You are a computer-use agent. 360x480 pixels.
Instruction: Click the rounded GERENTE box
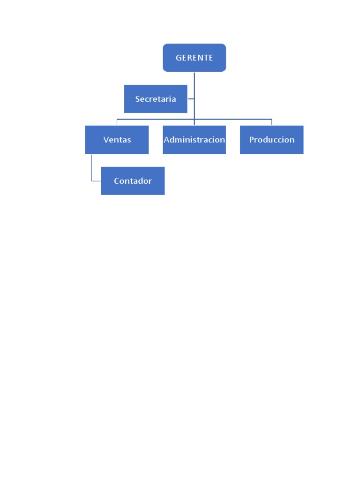pos(194,58)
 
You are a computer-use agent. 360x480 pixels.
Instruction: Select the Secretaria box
pos(156,99)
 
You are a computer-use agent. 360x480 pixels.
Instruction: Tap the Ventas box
pos(117,140)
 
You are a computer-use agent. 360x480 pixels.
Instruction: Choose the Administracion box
pos(194,140)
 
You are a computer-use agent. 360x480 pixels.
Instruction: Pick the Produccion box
pos(271,140)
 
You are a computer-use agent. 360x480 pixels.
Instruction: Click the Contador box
pos(133,181)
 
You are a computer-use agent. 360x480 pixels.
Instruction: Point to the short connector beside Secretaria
pos(191,99)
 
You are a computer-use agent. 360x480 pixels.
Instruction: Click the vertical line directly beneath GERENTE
pos(194,84)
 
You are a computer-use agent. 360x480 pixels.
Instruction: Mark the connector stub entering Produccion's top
pos(271,122)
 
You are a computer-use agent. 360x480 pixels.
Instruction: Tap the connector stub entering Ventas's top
pos(117,122)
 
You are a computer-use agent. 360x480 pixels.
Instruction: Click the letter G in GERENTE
pos(179,58)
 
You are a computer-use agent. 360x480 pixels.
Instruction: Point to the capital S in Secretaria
pos(138,99)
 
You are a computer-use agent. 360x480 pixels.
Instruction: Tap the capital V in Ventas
pos(106,140)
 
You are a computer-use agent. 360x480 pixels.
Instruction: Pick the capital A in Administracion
pos(166,140)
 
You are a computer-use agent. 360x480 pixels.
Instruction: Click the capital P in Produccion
pos(252,140)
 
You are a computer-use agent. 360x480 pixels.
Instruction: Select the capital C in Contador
pos(117,181)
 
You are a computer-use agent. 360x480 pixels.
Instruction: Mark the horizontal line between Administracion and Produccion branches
pos(233,119)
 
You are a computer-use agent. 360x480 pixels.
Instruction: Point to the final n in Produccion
pos(292,140)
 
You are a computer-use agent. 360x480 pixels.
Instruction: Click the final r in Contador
pos(150,181)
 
